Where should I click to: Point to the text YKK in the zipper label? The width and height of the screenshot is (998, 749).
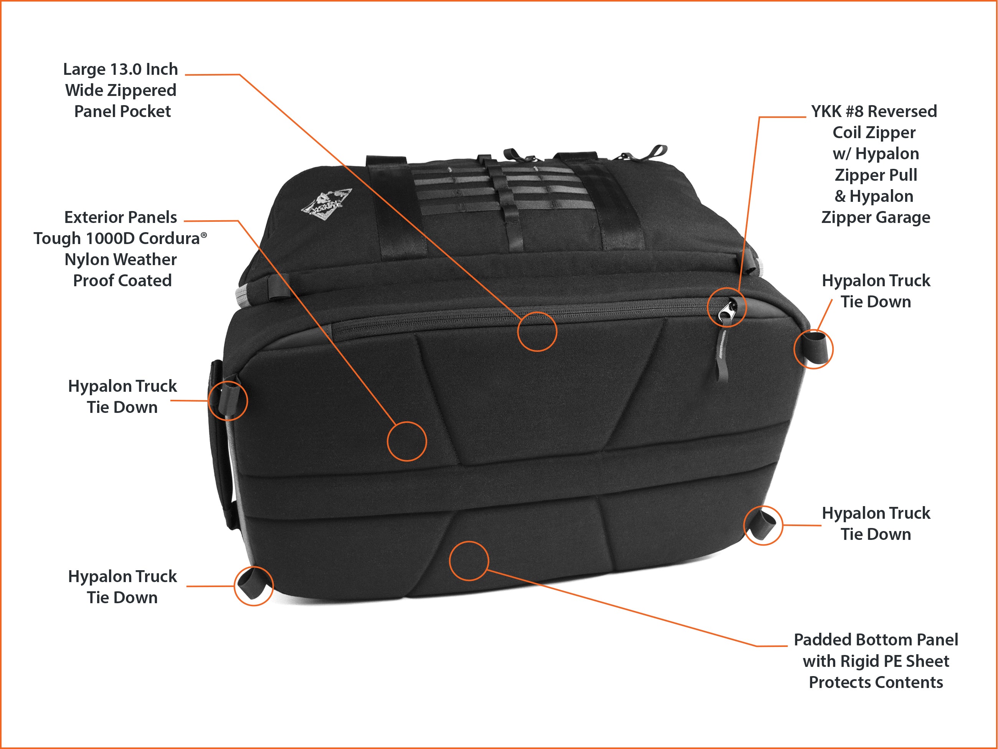pyautogui.click(x=826, y=111)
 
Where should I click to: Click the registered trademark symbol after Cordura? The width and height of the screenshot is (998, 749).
pyautogui.click(x=204, y=235)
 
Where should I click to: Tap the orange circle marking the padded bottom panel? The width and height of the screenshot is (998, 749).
pyautogui.click(x=469, y=561)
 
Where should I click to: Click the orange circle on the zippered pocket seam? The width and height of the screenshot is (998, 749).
pyautogui.click(x=537, y=332)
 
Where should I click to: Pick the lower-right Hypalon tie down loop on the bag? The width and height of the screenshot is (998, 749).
pyautogui.click(x=764, y=523)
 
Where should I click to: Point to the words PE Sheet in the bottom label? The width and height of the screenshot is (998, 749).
pyautogui.click(x=915, y=661)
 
